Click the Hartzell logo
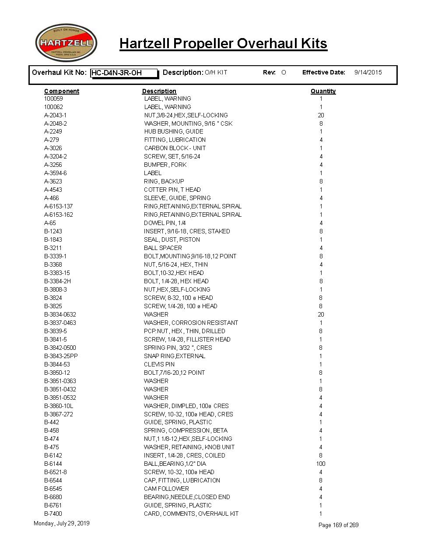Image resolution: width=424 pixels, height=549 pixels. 66,43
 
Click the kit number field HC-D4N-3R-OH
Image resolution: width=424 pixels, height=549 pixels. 124,73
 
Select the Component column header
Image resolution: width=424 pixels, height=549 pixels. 62,91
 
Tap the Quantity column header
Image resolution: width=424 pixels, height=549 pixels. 323,91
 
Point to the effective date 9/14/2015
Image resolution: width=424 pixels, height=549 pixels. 368,72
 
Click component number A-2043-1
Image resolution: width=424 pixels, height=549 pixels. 56,115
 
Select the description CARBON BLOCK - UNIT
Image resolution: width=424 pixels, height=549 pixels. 175,148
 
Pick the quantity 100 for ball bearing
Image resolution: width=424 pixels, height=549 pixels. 321,464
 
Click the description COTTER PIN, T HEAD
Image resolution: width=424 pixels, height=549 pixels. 172,190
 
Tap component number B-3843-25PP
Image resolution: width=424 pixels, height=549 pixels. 61,356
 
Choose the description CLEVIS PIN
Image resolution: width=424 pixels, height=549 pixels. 159,364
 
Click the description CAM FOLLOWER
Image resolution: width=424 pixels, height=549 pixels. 166,489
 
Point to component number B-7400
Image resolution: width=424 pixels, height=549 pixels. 53,514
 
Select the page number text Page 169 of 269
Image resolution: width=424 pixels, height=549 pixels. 338,525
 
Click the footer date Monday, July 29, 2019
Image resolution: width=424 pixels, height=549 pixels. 61,523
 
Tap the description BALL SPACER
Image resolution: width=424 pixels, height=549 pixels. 163,248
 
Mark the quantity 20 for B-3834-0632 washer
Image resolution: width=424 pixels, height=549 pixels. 321,314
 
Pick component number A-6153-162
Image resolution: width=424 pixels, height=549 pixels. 59,215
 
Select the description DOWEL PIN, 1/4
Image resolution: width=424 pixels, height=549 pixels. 165,223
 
